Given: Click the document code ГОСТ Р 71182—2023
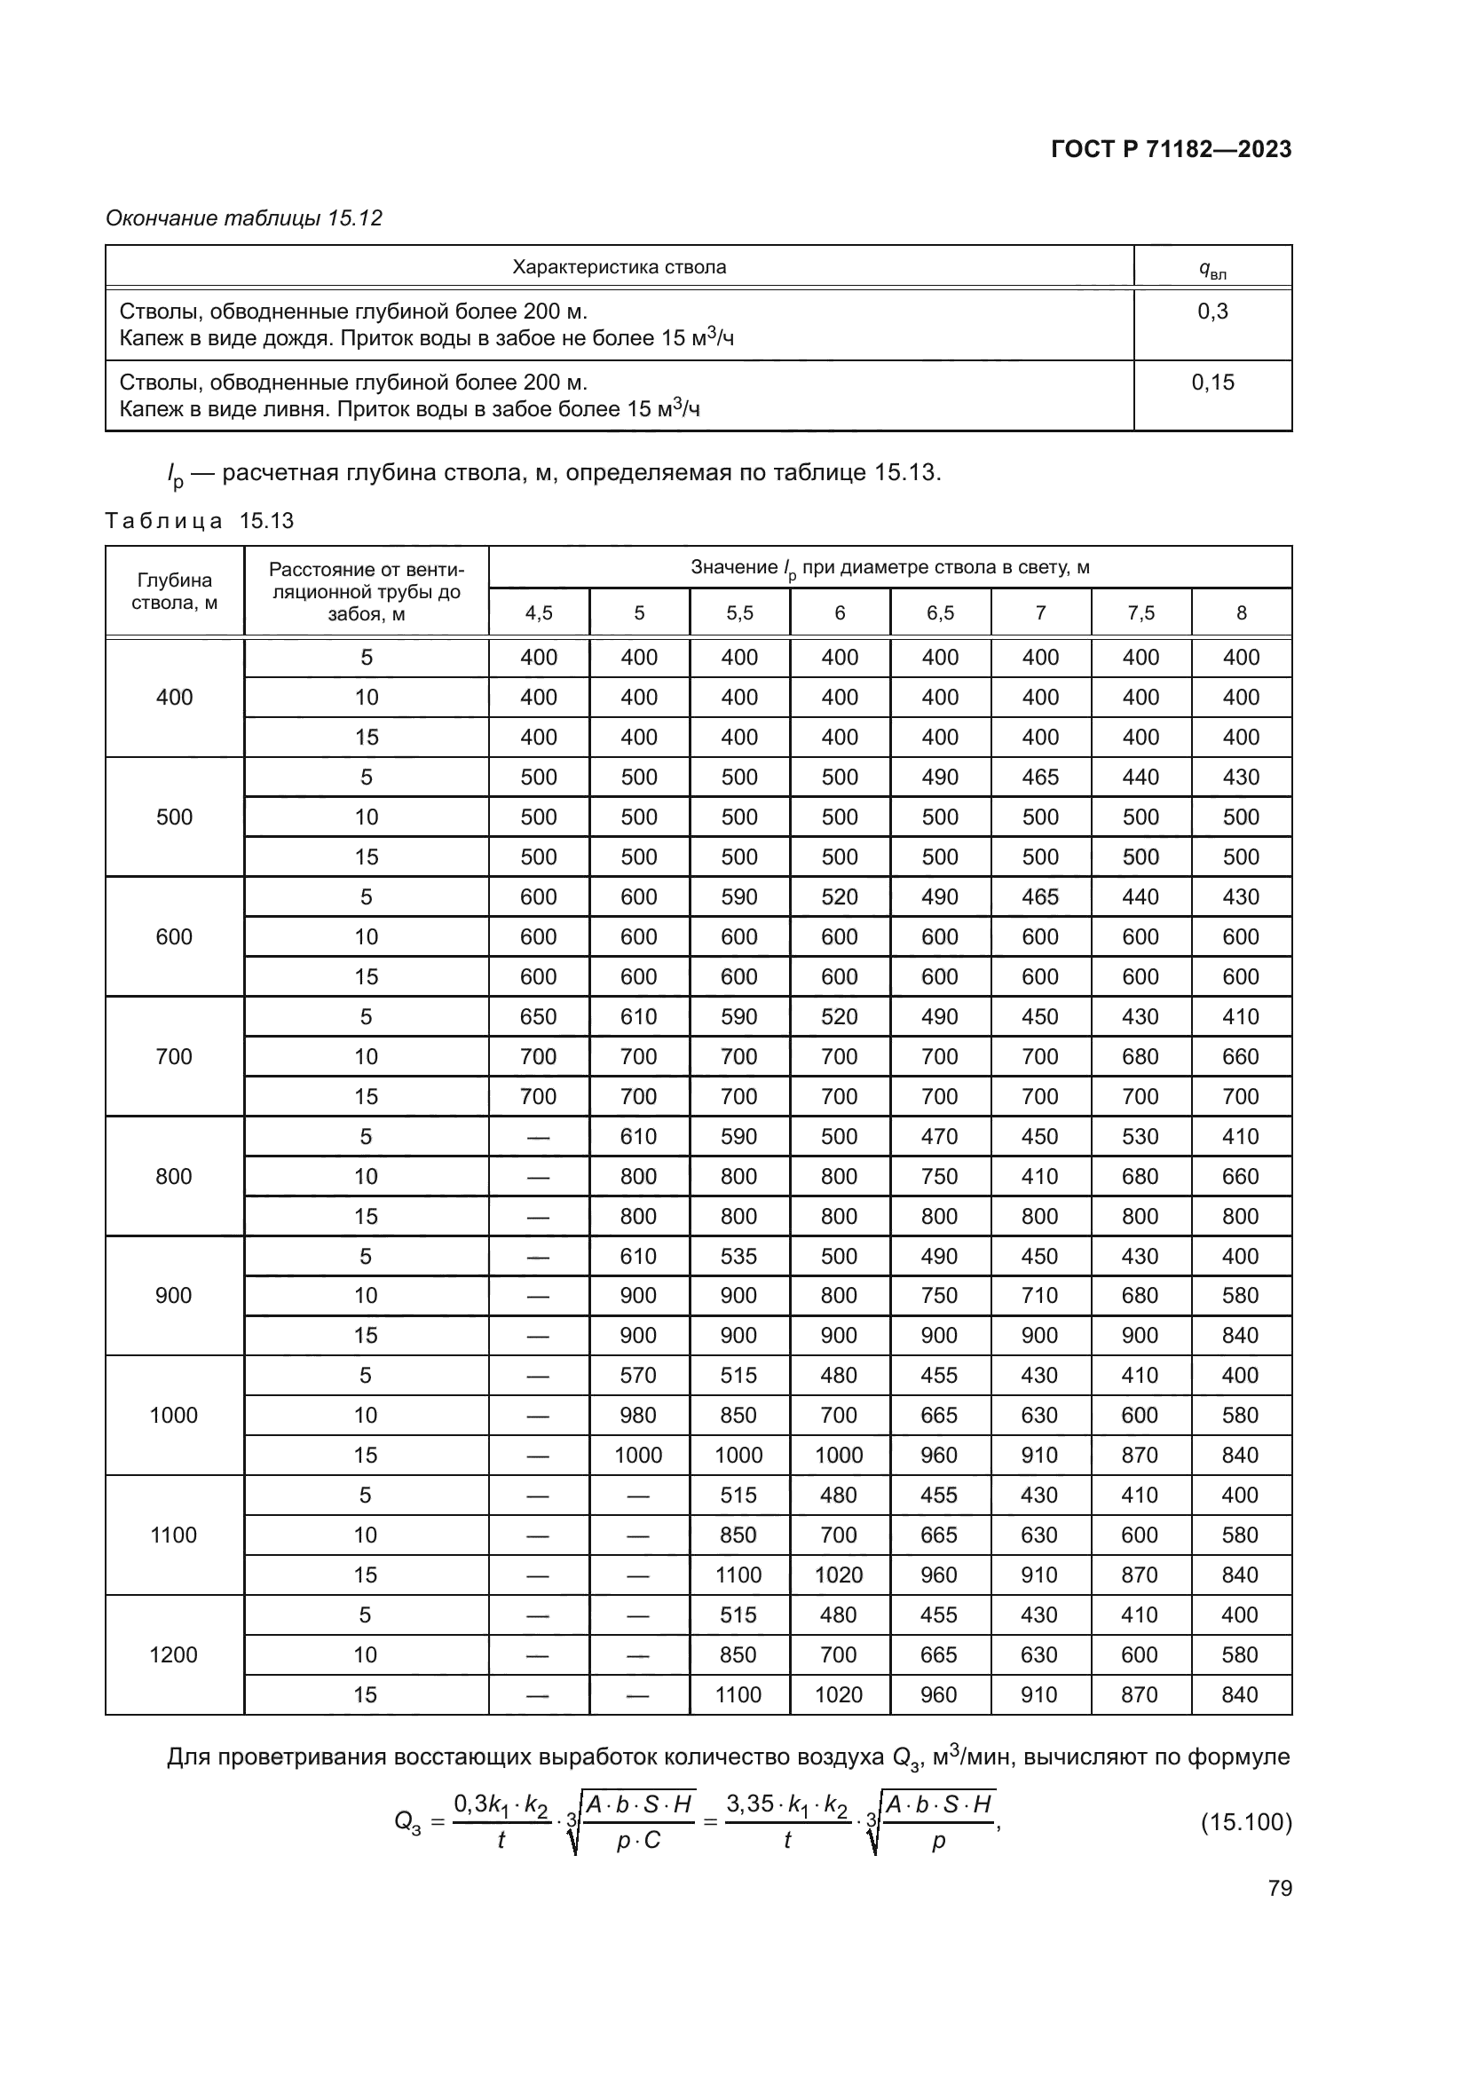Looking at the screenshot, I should [1171, 149].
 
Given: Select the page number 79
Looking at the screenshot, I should [1279, 1888].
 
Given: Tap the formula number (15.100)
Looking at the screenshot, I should [1245, 1821].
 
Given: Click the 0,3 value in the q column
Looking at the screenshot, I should [1212, 312].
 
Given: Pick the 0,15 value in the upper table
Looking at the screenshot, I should [1212, 383].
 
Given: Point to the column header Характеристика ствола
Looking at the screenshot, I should [620, 267].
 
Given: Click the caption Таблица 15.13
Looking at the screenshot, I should [200, 521].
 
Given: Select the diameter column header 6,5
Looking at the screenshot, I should [940, 613].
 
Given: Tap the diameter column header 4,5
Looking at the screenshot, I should [539, 613].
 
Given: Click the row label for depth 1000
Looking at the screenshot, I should [174, 1415].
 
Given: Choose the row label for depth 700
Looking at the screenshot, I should [174, 1056].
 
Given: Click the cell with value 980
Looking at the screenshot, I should [638, 1415].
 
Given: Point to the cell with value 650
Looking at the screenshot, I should [539, 1016].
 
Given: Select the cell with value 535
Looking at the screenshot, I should [738, 1256].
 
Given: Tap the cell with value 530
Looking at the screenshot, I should [1140, 1137].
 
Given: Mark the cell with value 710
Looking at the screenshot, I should [1039, 1296].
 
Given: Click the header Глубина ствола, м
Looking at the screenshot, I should [175, 591].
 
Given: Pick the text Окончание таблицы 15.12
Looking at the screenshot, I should [244, 218].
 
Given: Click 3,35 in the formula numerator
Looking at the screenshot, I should [750, 1804].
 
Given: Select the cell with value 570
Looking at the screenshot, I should [638, 1375].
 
